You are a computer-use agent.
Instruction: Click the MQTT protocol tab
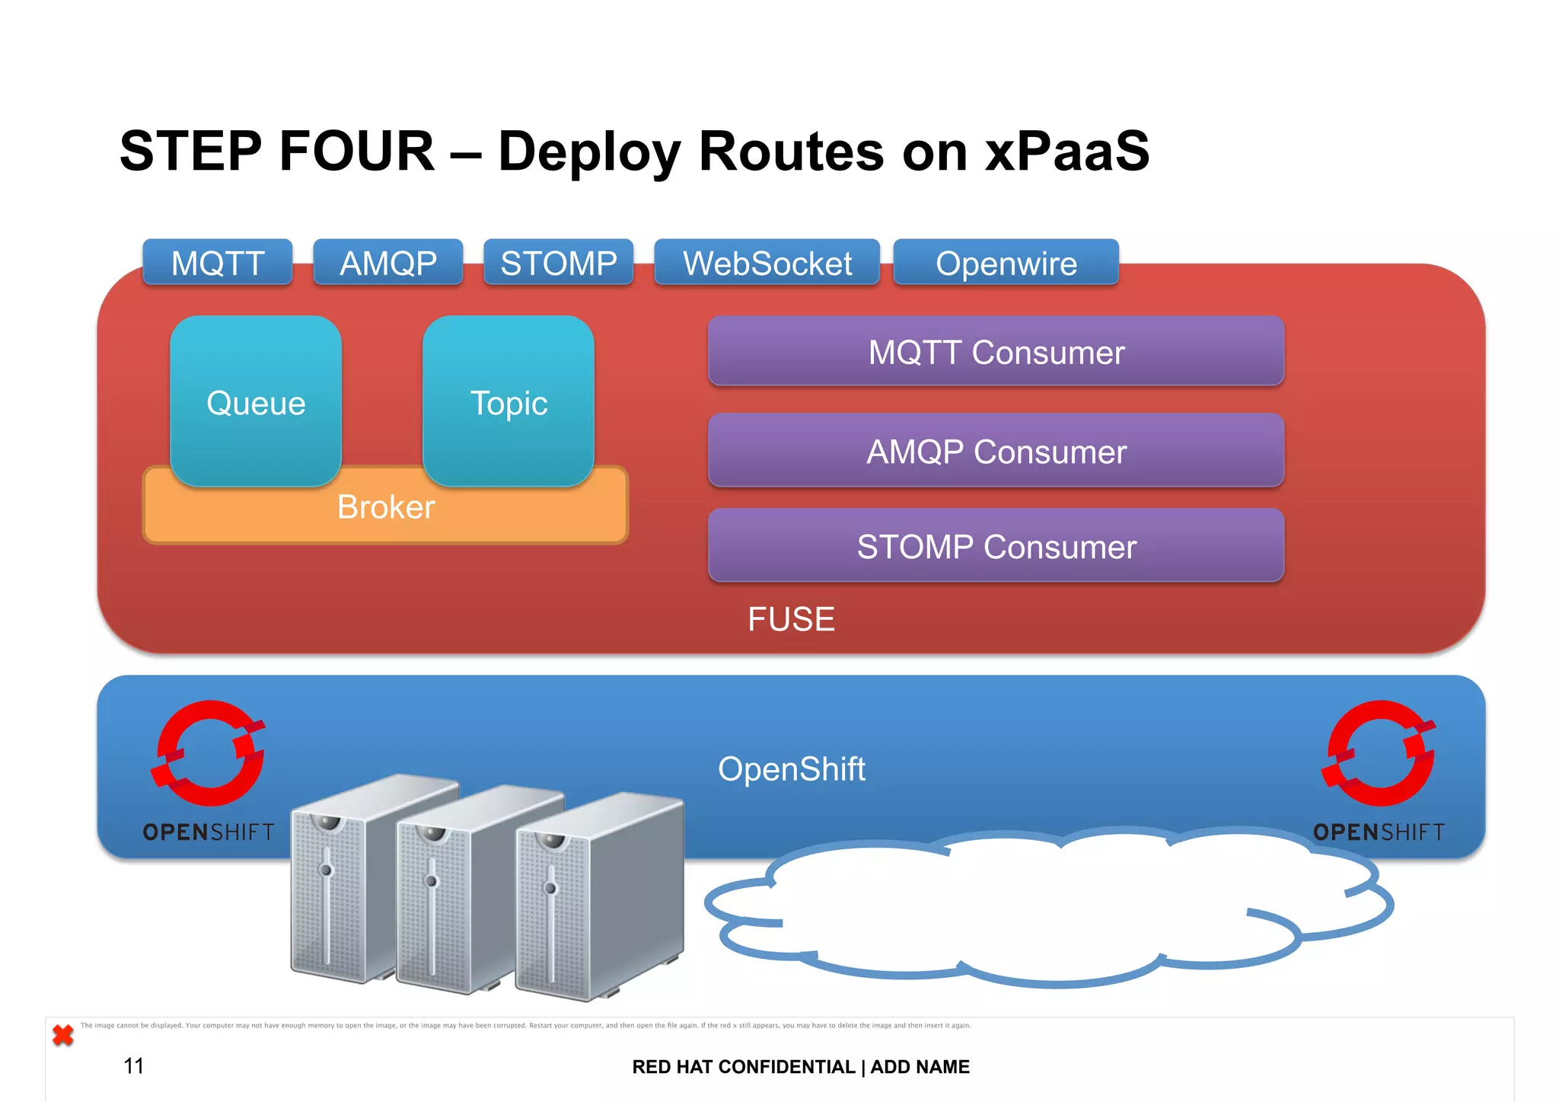[x=218, y=263]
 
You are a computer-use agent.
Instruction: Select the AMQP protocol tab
[x=388, y=263]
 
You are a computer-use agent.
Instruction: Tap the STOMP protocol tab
[x=559, y=263]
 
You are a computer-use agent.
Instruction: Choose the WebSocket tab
[x=767, y=263]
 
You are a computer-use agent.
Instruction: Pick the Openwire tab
[x=1006, y=263]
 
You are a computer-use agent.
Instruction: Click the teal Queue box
[x=256, y=402]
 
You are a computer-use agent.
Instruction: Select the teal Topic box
[x=509, y=402]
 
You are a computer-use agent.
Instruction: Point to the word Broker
[x=386, y=507]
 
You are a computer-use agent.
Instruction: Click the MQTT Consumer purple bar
[x=996, y=352]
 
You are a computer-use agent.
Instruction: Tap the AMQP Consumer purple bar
[x=996, y=451]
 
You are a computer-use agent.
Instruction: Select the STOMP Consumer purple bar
[x=996, y=546]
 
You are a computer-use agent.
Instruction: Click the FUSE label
[x=791, y=619]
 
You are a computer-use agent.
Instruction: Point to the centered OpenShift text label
[x=791, y=769]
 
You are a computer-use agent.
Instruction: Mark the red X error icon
[x=63, y=1035]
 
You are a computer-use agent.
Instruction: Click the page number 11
[x=134, y=1065]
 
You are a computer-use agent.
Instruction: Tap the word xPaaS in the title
[x=1066, y=151]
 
